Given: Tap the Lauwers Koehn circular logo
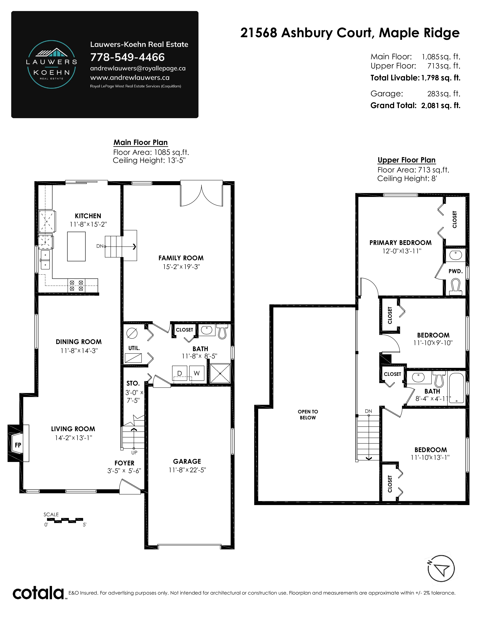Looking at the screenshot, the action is click(x=51, y=65).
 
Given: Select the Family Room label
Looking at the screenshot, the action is click(x=181, y=258).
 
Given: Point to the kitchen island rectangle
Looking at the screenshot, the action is click(x=76, y=246).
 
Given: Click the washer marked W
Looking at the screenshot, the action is click(x=197, y=373).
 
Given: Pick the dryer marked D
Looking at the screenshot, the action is click(x=179, y=373).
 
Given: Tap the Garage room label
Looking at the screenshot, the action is click(x=187, y=461).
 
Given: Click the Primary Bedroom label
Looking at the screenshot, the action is click(x=400, y=243).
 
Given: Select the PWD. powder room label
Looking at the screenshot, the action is click(x=455, y=271).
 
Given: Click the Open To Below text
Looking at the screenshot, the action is click(x=308, y=415).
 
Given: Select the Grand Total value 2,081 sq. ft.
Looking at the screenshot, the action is click(x=441, y=105).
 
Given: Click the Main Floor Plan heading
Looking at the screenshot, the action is click(x=140, y=142).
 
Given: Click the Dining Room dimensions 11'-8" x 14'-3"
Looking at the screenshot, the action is click(x=79, y=351).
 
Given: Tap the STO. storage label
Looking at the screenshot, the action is click(x=133, y=383).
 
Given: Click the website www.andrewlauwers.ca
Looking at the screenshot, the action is click(x=130, y=77).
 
